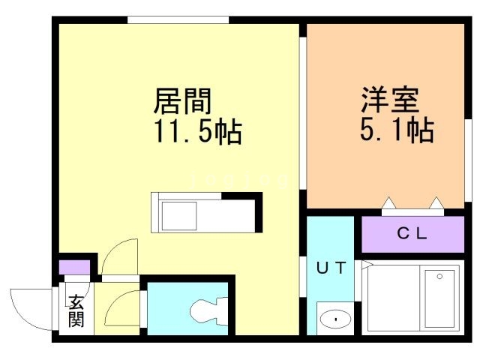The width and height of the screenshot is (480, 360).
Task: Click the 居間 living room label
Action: point(183,99)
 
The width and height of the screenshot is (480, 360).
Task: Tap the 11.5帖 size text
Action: point(198,133)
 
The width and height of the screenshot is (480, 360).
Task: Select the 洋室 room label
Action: point(389,99)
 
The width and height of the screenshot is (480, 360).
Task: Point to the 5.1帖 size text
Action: point(397,132)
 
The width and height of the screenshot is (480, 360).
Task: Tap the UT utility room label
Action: point(330,268)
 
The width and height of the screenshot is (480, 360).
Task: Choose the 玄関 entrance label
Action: point(77,310)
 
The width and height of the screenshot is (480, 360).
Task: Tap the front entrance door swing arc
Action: point(30,305)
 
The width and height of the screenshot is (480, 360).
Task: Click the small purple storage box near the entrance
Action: point(73,266)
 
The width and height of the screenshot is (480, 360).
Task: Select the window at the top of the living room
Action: point(178,19)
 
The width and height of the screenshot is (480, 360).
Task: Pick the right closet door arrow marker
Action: point(437,202)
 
